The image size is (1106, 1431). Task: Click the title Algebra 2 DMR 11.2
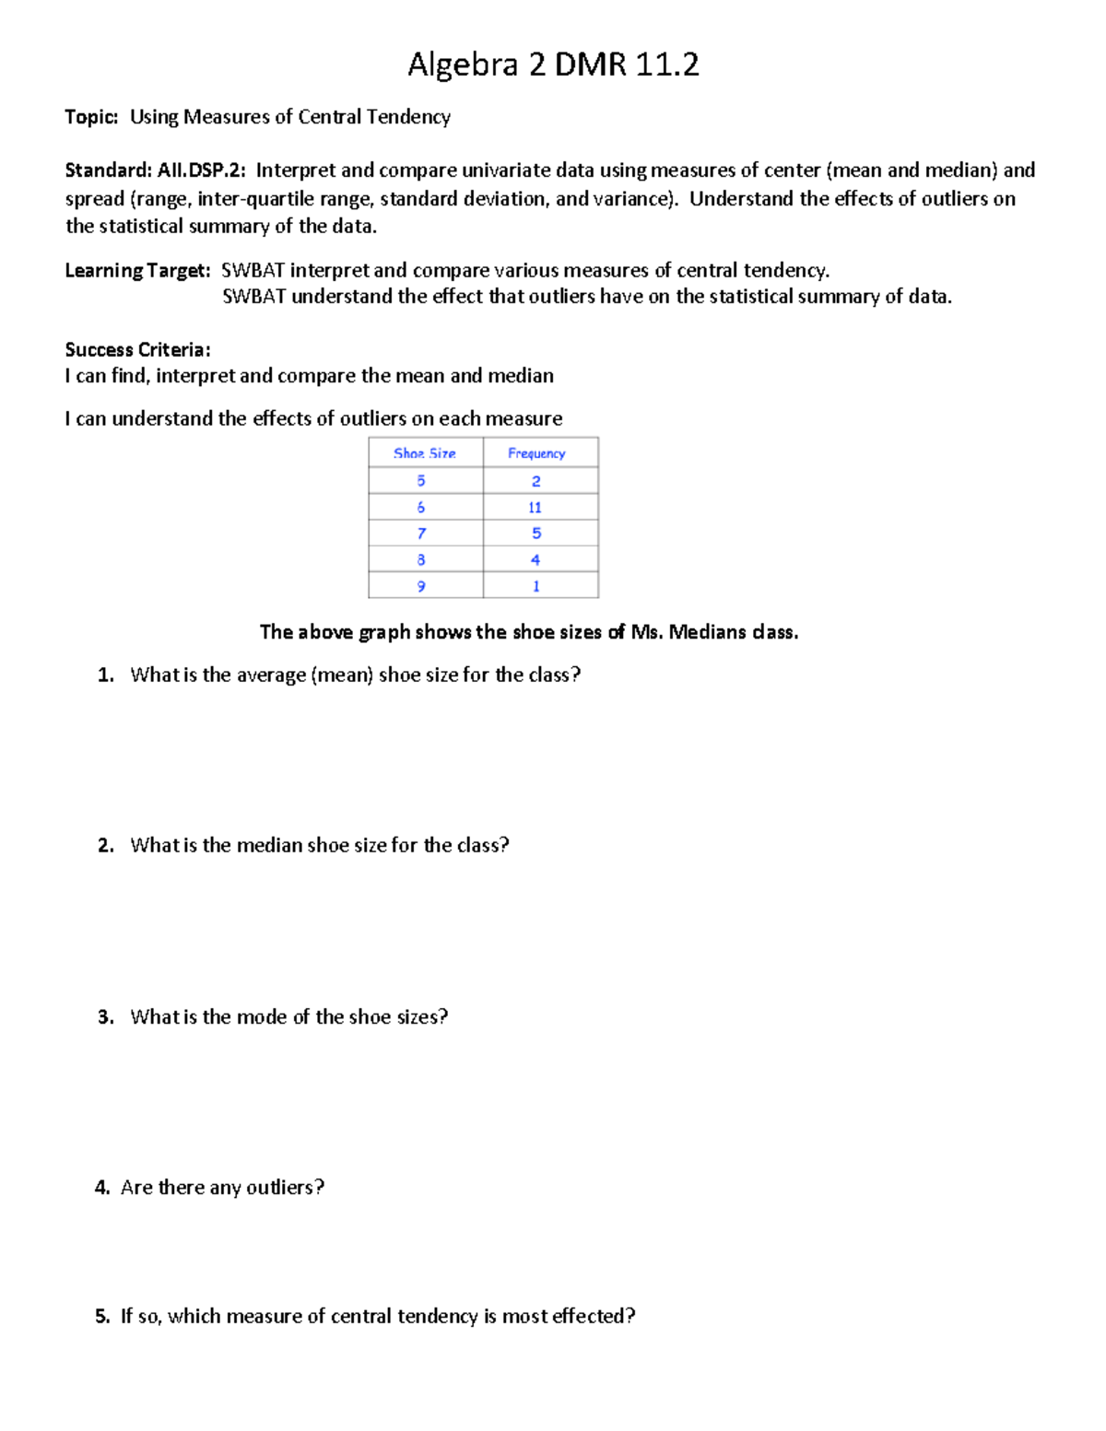pos(553,65)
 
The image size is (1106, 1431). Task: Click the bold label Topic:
pos(91,117)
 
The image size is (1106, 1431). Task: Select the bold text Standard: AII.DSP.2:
pos(155,170)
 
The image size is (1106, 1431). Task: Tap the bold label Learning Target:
pos(137,271)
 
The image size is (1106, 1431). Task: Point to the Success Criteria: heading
pos(137,350)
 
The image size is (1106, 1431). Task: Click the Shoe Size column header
pos(425,453)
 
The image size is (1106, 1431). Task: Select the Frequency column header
pos(536,453)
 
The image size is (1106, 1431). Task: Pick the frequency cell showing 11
pos(535,508)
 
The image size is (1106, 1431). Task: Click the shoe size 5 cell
pos(421,481)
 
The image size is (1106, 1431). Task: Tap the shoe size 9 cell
pos(421,586)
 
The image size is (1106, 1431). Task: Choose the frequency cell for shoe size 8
pos(535,560)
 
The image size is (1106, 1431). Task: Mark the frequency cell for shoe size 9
pos(535,586)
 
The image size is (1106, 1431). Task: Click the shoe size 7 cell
pos(421,534)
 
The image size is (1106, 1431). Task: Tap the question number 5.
pos(101,1317)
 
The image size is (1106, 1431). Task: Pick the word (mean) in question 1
pos(342,675)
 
